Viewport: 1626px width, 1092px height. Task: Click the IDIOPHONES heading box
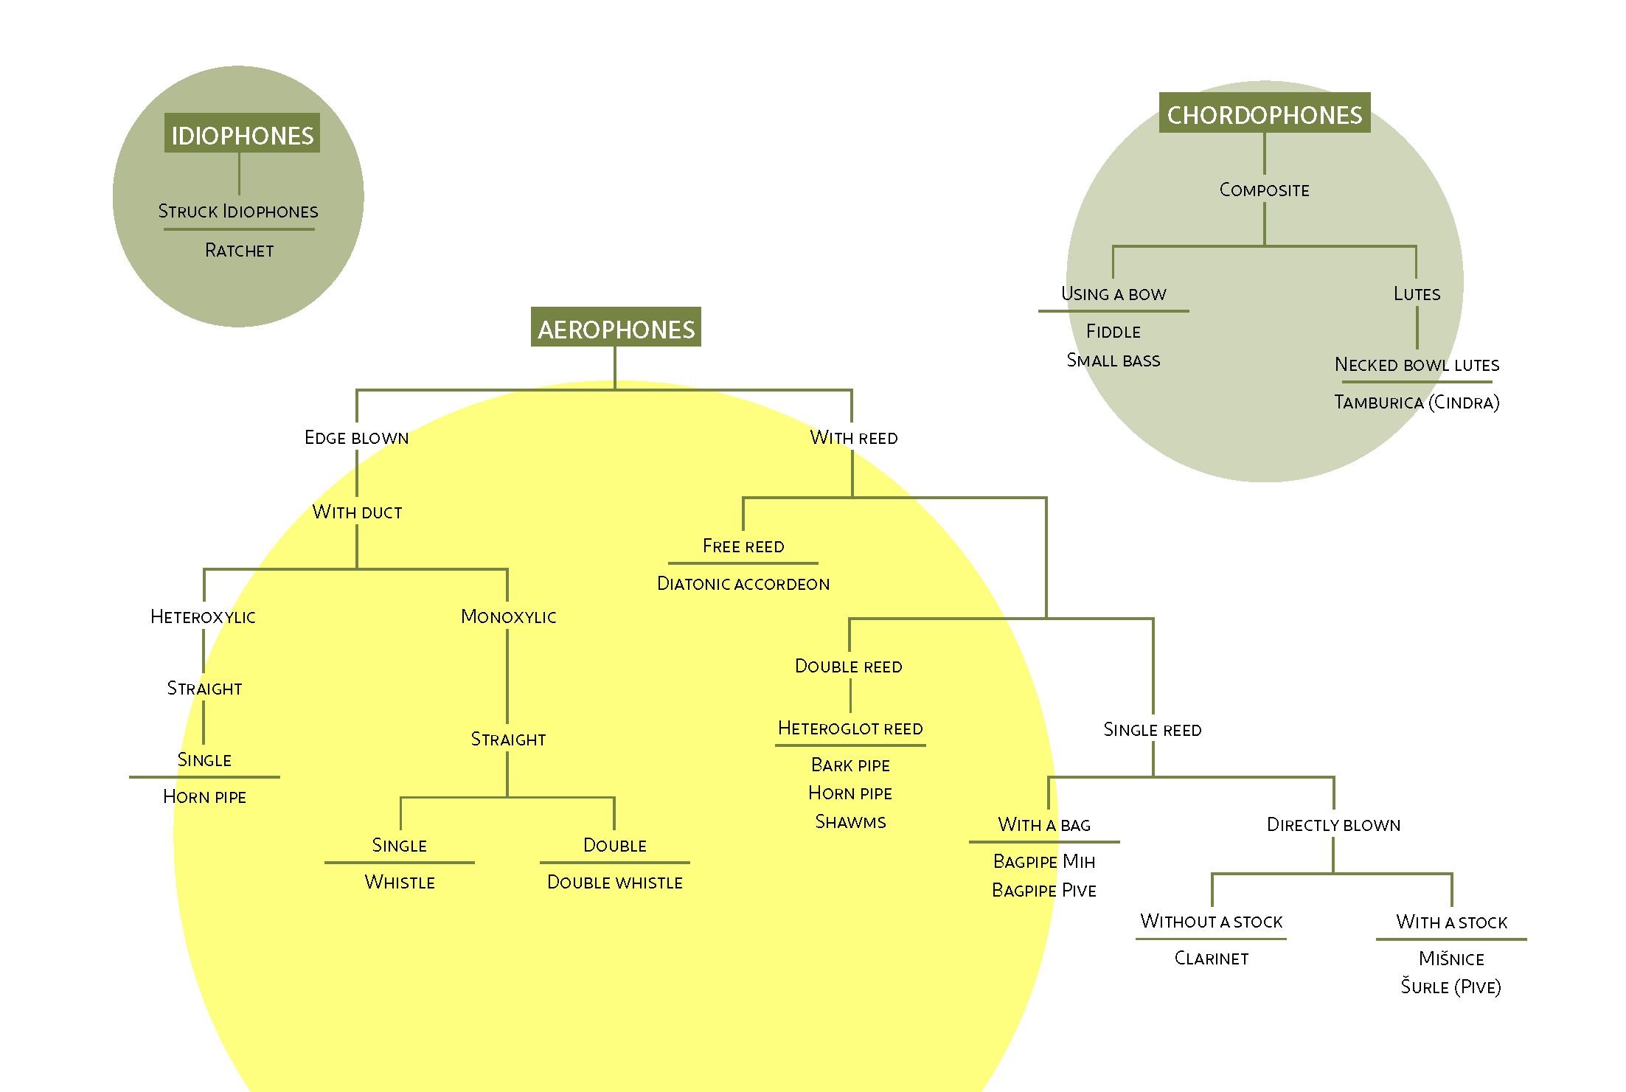[242, 133]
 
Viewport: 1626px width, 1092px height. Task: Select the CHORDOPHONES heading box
[1265, 113]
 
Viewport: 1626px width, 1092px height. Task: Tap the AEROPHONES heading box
[616, 327]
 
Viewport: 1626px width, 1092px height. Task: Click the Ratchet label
[239, 251]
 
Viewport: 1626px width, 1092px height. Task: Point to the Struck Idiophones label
[238, 212]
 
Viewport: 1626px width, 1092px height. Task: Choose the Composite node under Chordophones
[1265, 190]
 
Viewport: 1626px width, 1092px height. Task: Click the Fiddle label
[1113, 332]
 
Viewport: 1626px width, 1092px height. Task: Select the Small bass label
[1113, 361]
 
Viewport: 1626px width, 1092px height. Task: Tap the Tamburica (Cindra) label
[1417, 403]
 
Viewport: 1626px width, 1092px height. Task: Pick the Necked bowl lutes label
[1417, 365]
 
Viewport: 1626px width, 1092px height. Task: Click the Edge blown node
[357, 438]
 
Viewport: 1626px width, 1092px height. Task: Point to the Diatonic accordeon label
[743, 584]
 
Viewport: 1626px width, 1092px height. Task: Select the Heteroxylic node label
[204, 617]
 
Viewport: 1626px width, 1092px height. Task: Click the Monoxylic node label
[508, 617]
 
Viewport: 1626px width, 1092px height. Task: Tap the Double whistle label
[615, 883]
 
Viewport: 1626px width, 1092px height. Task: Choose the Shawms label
[850, 822]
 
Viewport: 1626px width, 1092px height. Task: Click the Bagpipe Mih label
[1044, 862]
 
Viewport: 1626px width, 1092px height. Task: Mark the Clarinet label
[1212, 959]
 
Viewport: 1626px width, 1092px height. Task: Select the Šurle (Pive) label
[1451, 987]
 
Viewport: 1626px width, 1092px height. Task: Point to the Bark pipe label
[850, 765]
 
